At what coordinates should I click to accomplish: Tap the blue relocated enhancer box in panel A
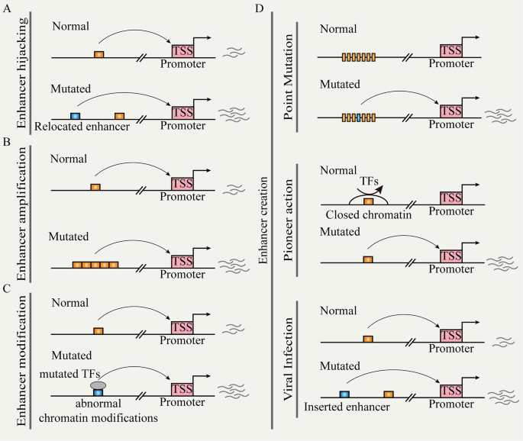coord(75,115)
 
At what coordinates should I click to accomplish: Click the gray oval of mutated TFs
coord(98,386)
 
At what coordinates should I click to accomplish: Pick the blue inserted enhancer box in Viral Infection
coord(344,394)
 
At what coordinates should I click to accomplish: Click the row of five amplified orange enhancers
coord(95,265)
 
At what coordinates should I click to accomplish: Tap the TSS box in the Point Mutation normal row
coord(452,50)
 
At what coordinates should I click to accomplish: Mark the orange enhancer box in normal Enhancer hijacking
coord(98,54)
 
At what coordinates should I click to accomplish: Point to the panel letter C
coord(8,289)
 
